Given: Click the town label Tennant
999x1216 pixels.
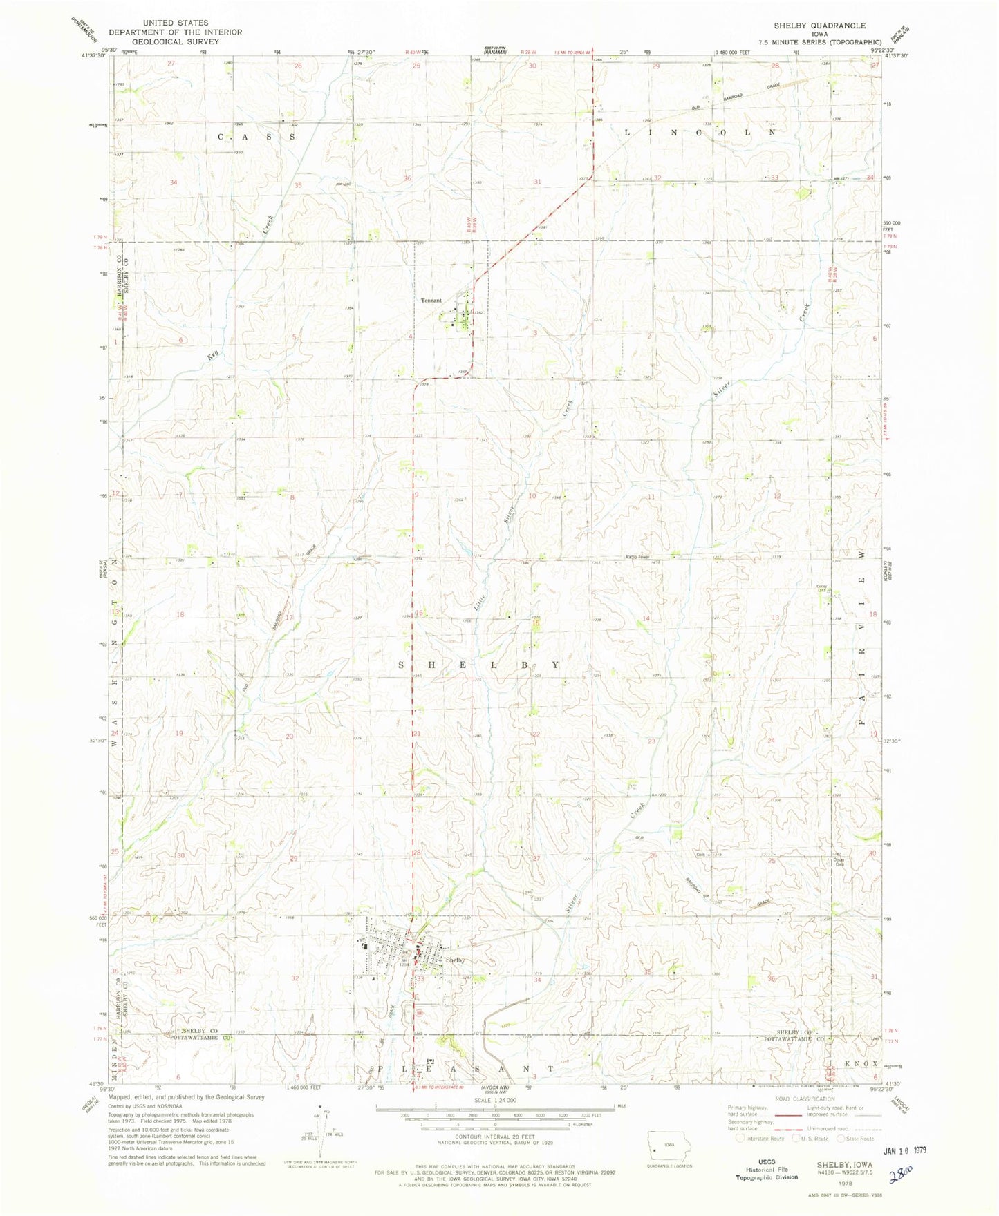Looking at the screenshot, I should click(432, 301).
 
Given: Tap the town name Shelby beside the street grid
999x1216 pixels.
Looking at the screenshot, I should click(455, 960).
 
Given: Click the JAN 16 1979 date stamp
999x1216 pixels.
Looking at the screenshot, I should click(904, 1150).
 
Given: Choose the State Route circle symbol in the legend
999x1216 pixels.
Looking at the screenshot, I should click(841, 1138).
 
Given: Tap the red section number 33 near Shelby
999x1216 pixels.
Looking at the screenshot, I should click(420, 979).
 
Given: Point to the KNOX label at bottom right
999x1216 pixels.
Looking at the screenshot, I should click(860, 1045).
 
